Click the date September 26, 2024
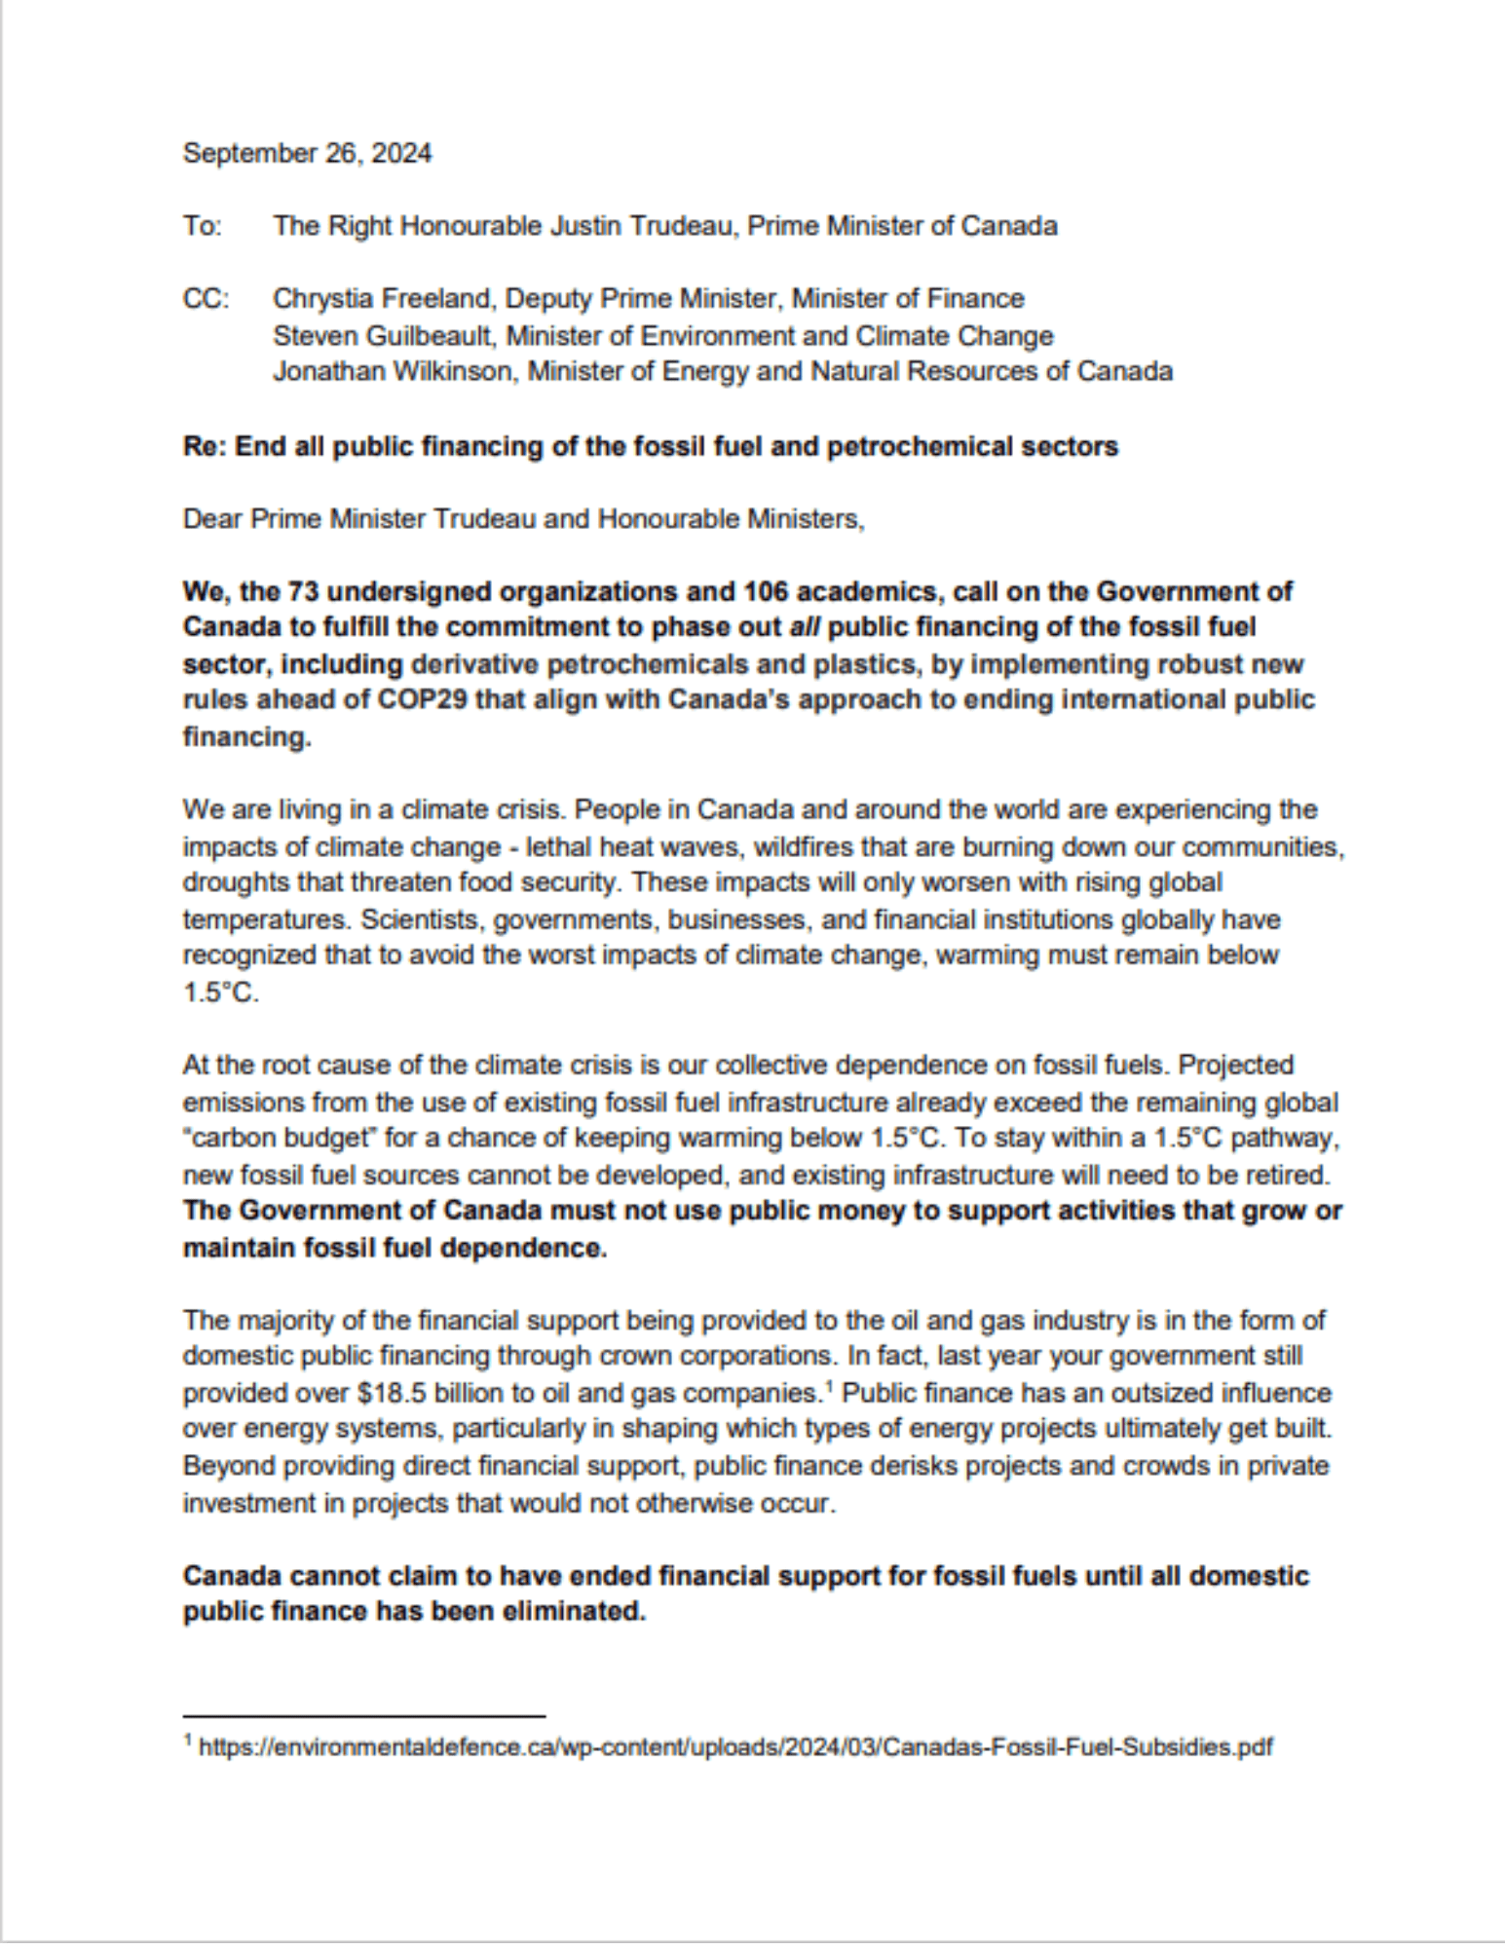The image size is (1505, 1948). (x=307, y=154)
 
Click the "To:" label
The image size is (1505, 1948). (x=202, y=226)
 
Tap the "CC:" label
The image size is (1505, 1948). (x=206, y=298)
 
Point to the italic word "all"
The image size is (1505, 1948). (x=804, y=627)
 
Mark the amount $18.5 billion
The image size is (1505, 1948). (x=453, y=1394)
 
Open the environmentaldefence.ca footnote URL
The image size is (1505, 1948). (x=735, y=1747)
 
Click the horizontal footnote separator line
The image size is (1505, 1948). (x=363, y=1715)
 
